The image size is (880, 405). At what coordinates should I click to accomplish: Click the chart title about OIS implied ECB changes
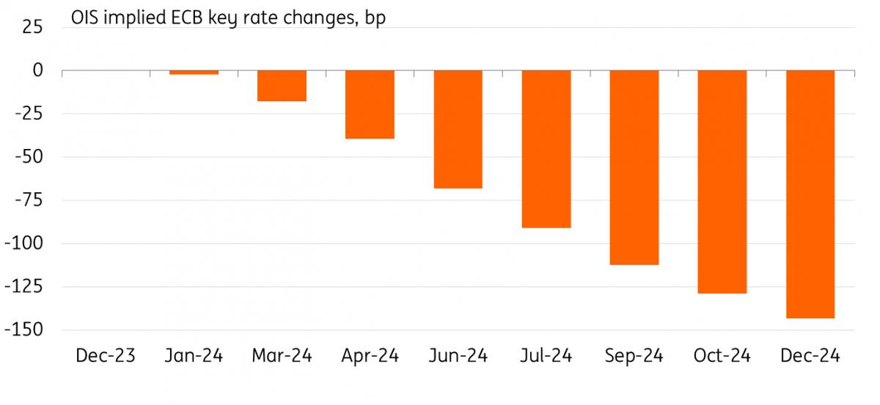(x=227, y=18)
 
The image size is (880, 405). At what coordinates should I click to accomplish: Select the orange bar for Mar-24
(x=282, y=86)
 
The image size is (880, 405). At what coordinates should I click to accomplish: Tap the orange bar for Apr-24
(x=370, y=104)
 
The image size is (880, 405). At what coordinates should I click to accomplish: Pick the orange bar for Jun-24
(x=458, y=129)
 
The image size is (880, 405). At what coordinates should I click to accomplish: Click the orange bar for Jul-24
(x=546, y=149)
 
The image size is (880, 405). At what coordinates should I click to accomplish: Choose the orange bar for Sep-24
(x=634, y=167)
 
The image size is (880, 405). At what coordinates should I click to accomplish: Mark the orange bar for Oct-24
(x=722, y=181)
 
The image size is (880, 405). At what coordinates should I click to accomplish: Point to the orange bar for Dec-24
(x=810, y=194)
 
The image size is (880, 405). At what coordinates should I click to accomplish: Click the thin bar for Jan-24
(x=194, y=73)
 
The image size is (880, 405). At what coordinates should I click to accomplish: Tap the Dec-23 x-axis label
(x=106, y=357)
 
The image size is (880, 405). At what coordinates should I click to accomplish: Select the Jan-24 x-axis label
(x=194, y=357)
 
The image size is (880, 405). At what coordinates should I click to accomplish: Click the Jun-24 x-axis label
(x=458, y=357)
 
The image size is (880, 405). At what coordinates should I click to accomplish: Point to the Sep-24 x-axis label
(x=634, y=357)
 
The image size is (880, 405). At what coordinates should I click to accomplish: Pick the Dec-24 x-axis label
(x=810, y=357)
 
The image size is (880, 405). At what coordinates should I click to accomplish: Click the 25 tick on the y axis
(x=33, y=27)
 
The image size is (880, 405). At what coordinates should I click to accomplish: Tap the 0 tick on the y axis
(x=37, y=70)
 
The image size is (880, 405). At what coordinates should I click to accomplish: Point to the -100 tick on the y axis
(x=23, y=244)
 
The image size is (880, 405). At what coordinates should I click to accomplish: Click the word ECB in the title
(x=201, y=18)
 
